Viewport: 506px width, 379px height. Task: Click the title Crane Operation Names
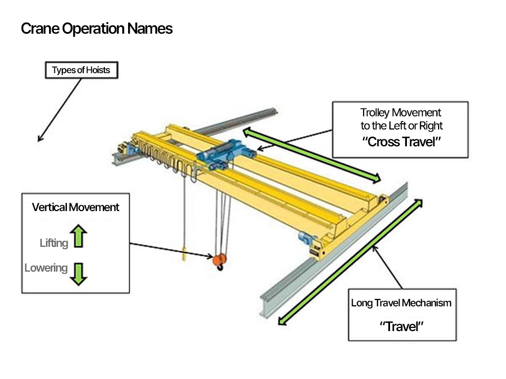[x=96, y=28]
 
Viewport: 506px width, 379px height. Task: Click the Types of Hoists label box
[x=81, y=70]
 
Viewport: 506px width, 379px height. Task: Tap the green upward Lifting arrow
[x=79, y=236]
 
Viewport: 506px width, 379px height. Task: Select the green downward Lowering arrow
[x=79, y=273]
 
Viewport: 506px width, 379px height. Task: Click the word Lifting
[x=54, y=243]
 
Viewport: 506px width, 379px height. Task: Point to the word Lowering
[x=46, y=268]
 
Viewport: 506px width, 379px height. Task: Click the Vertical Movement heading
[x=75, y=207]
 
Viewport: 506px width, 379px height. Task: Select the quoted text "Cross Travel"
[x=400, y=142]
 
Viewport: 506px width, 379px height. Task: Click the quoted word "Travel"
[x=402, y=326]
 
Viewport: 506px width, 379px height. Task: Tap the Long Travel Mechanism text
[x=401, y=303]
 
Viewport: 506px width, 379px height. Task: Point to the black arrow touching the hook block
[x=171, y=251]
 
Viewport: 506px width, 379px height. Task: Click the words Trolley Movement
[x=401, y=113]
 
